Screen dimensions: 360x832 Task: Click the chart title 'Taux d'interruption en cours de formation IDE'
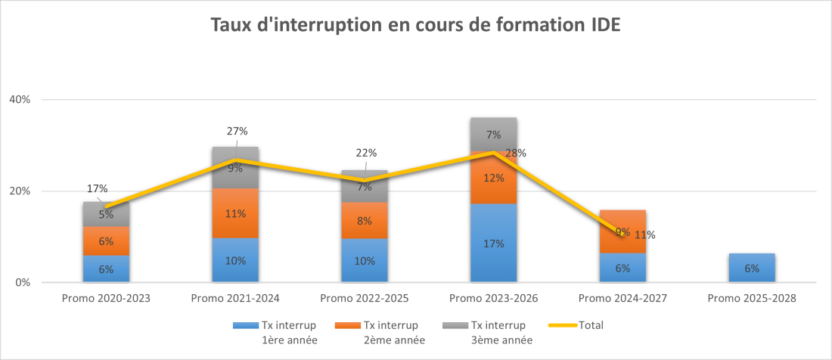click(x=415, y=25)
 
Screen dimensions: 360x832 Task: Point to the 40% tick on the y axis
click(x=20, y=99)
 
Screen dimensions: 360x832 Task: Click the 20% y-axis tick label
click(x=20, y=191)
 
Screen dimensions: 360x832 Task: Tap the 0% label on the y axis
click(x=23, y=283)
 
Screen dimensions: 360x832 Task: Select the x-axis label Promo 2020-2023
click(x=105, y=298)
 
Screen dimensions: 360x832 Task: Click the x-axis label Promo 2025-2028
click(x=751, y=298)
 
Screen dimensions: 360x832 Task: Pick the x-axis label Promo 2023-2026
click(x=492, y=298)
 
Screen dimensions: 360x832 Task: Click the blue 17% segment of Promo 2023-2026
click(x=493, y=244)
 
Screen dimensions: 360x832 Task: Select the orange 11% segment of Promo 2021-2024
click(x=235, y=214)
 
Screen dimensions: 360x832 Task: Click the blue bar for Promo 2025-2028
click(x=751, y=268)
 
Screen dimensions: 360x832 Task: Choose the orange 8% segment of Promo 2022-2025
click(x=364, y=221)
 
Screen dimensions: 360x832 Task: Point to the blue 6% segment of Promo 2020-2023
click(x=106, y=269)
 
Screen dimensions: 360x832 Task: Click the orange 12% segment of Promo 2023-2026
click(x=493, y=178)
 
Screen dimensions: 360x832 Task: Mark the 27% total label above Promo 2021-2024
click(x=238, y=130)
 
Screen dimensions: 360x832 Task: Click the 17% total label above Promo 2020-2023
click(x=97, y=188)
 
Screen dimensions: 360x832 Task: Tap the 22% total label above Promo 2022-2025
click(x=366, y=152)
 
